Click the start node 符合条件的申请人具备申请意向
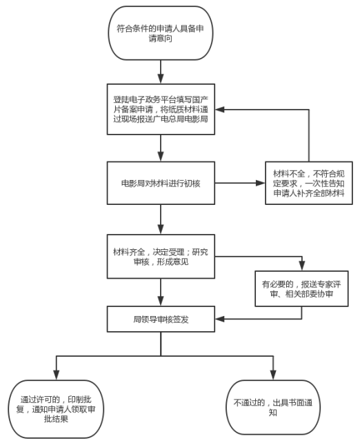tap(161, 33)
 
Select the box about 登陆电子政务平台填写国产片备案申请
tap(161, 109)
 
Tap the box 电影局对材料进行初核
tap(161, 183)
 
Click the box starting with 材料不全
tap(308, 183)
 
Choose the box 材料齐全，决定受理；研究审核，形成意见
tap(161, 257)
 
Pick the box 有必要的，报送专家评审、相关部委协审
tap(301, 288)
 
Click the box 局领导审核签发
tap(161, 319)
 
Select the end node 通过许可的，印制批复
tap(56, 408)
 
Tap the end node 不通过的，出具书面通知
tap(273, 407)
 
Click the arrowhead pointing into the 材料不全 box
tap(261, 183)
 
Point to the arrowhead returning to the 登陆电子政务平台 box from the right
tap(220, 109)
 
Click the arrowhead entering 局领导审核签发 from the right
tap(220, 319)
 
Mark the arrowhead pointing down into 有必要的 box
tap(302, 266)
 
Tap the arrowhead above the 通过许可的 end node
tap(56, 375)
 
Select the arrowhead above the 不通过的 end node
tap(273, 375)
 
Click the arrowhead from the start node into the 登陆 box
tap(161, 79)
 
